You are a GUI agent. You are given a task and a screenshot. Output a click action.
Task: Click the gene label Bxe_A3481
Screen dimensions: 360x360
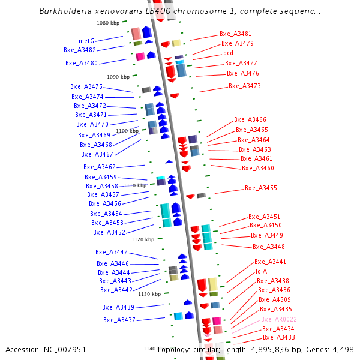pyautogui.click(x=235, y=34)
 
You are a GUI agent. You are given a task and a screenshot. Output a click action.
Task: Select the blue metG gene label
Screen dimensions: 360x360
pyautogui.click(x=86, y=41)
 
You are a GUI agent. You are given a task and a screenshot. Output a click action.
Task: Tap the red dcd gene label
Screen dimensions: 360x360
pyautogui.click(x=228, y=53)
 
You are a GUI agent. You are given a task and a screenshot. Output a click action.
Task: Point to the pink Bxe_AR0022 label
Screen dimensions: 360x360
pyautogui.click(x=279, y=319)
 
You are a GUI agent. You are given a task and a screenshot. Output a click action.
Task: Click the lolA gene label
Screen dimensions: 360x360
pyautogui.click(x=262, y=271)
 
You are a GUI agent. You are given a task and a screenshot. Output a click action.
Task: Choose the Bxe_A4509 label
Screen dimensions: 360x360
pyautogui.click(x=274, y=299)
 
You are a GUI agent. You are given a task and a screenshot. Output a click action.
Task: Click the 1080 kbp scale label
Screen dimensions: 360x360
pyautogui.click(x=108, y=23)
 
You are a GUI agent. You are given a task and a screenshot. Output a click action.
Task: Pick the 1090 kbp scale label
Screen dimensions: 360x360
pyautogui.click(x=118, y=77)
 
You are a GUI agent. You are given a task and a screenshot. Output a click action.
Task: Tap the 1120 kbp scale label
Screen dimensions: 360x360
pyautogui.click(x=143, y=239)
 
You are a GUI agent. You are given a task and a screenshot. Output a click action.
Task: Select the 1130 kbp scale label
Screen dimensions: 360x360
pyautogui.click(x=149, y=294)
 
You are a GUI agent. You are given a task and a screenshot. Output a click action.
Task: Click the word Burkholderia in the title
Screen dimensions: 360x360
pyautogui.click(x=64, y=11)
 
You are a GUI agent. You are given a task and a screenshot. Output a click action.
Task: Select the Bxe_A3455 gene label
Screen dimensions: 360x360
pyautogui.click(x=261, y=188)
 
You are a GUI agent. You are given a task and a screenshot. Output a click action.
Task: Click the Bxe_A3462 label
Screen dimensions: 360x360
pyautogui.click(x=100, y=167)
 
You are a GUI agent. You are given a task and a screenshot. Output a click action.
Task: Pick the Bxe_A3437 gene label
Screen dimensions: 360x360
pyautogui.click(x=119, y=320)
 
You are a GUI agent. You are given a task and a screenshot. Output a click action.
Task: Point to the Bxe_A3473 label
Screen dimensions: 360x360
pyautogui.click(x=244, y=86)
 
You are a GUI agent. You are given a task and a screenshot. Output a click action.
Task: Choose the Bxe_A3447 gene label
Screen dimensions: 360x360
pyautogui.click(x=112, y=252)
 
